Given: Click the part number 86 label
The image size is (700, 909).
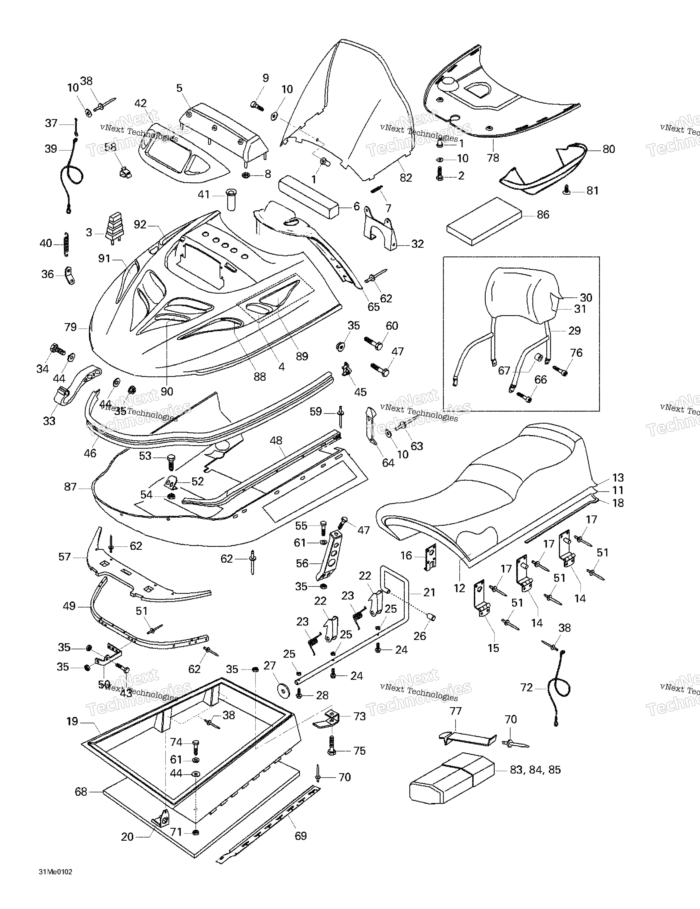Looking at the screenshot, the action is click(x=543, y=215).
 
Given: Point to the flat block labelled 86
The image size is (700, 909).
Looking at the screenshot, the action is click(x=484, y=222).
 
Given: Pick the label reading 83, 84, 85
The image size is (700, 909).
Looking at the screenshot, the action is click(x=535, y=770).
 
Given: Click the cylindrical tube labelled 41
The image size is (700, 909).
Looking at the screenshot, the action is click(x=231, y=199).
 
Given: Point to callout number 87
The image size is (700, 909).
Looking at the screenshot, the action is click(x=70, y=487).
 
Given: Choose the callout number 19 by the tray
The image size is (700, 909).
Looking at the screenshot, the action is click(x=72, y=721).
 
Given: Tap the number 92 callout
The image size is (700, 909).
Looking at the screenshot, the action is click(x=140, y=225).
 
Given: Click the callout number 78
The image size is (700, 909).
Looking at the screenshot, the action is click(x=493, y=158).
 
